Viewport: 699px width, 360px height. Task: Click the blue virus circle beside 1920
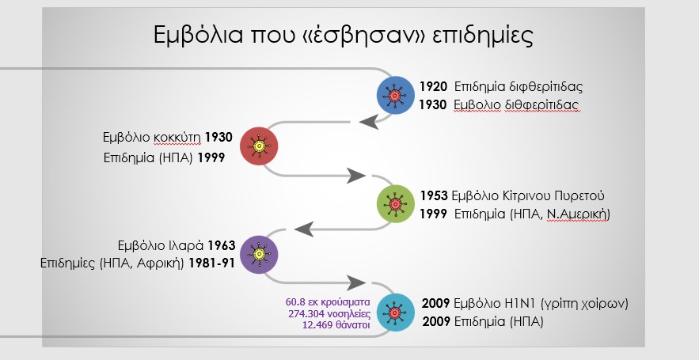396,96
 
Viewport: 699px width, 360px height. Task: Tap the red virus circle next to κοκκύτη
259,146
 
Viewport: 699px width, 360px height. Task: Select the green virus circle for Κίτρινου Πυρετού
396,204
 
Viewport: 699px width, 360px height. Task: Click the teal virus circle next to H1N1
396,313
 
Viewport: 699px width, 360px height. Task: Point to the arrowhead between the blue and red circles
369,121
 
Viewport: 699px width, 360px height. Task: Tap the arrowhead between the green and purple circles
304,229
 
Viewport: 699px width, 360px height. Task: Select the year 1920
433,86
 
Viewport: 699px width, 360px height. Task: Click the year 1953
434,195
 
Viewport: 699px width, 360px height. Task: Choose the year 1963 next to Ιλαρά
222,245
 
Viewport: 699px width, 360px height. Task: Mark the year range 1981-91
211,263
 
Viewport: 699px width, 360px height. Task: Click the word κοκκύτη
177,138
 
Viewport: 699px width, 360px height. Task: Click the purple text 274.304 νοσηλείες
329,313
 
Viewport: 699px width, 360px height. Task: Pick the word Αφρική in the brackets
161,263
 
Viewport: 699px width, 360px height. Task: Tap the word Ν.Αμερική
578,214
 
